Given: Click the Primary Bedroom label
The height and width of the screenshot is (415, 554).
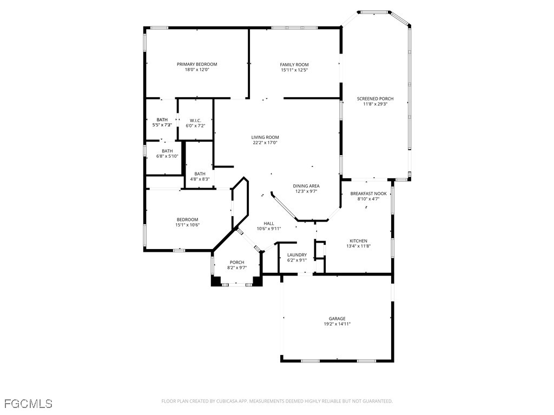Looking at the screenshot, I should pyautogui.click(x=197, y=64).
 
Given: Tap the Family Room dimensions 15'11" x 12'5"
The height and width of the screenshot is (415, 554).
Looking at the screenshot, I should pyautogui.click(x=294, y=70).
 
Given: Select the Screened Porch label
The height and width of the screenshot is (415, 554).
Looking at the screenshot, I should pyautogui.click(x=375, y=98).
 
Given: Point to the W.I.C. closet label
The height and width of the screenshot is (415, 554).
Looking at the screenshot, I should pyautogui.click(x=195, y=120).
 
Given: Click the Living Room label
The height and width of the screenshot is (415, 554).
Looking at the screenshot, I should pyautogui.click(x=265, y=137).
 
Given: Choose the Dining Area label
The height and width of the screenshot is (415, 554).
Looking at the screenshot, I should pyautogui.click(x=306, y=186).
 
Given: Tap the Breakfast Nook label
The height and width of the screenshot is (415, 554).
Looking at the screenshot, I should pyautogui.click(x=368, y=193).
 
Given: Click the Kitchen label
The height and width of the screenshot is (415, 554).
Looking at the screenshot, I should pyautogui.click(x=358, y=241).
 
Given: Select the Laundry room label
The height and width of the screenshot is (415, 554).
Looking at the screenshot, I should pyautogui.click(x=297, y=255).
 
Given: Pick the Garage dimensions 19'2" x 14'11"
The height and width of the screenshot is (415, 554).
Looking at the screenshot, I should pyautogui.click(x=337, y=324).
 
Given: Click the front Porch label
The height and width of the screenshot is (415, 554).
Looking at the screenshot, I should pyautogui.click(x=237, y=262).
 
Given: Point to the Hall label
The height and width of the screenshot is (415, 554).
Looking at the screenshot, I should pyautogui.click(x=269, y=223).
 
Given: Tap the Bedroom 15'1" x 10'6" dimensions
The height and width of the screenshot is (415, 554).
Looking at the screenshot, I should pyautogui.click(x=187, y=225).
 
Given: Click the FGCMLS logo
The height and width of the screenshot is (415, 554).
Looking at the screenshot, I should pyautogui.click(x=28, y=404).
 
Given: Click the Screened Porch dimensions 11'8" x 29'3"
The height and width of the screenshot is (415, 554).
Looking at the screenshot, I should pyautogui.click(x=375, y=104).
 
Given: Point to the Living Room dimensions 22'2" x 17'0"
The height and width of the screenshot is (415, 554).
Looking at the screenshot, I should pyautogui.click(x=265, y=143).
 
